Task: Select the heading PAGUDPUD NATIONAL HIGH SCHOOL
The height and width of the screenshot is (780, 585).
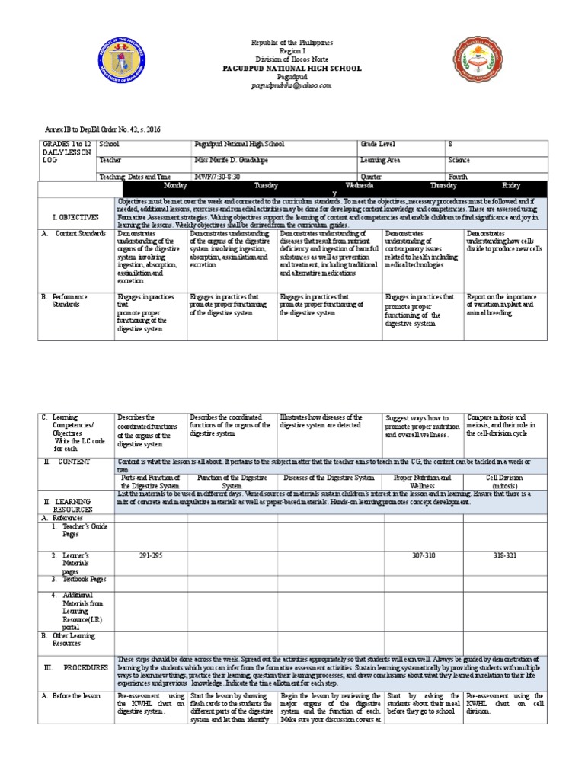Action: [292, 69]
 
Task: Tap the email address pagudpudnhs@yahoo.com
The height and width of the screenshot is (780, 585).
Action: [292, 85]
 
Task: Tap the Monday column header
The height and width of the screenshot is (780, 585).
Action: [177, 185]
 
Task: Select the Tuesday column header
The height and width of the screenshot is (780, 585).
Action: [266, 185]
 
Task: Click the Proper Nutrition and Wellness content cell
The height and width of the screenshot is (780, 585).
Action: [423, 481]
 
